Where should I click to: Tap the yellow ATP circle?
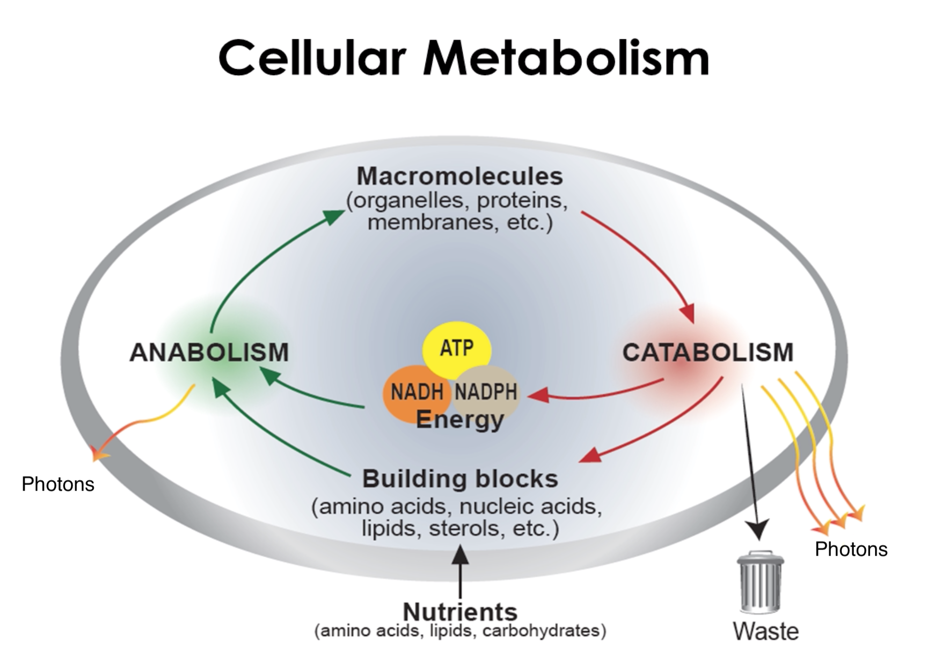point(457,348)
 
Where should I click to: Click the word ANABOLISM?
point(209,352)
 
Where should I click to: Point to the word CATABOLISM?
point(708,352)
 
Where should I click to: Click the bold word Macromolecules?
point(460,176)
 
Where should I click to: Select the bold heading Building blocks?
point(460,479)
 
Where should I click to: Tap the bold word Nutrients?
point(460,612)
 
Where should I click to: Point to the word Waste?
point(766,631)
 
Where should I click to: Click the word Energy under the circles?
point(460,420)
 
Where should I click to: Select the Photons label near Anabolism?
point(58,484)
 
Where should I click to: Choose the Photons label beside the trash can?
point(851,549)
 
